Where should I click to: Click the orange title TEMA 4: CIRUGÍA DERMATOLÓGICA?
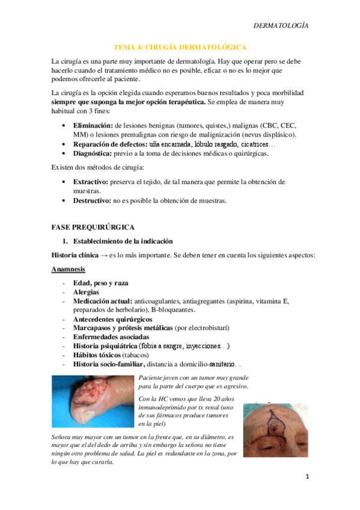[180, 47]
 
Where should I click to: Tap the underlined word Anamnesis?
[68, 269]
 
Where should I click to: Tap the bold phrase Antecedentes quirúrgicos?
[112, 319]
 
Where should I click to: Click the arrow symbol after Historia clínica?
[103, 255]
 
